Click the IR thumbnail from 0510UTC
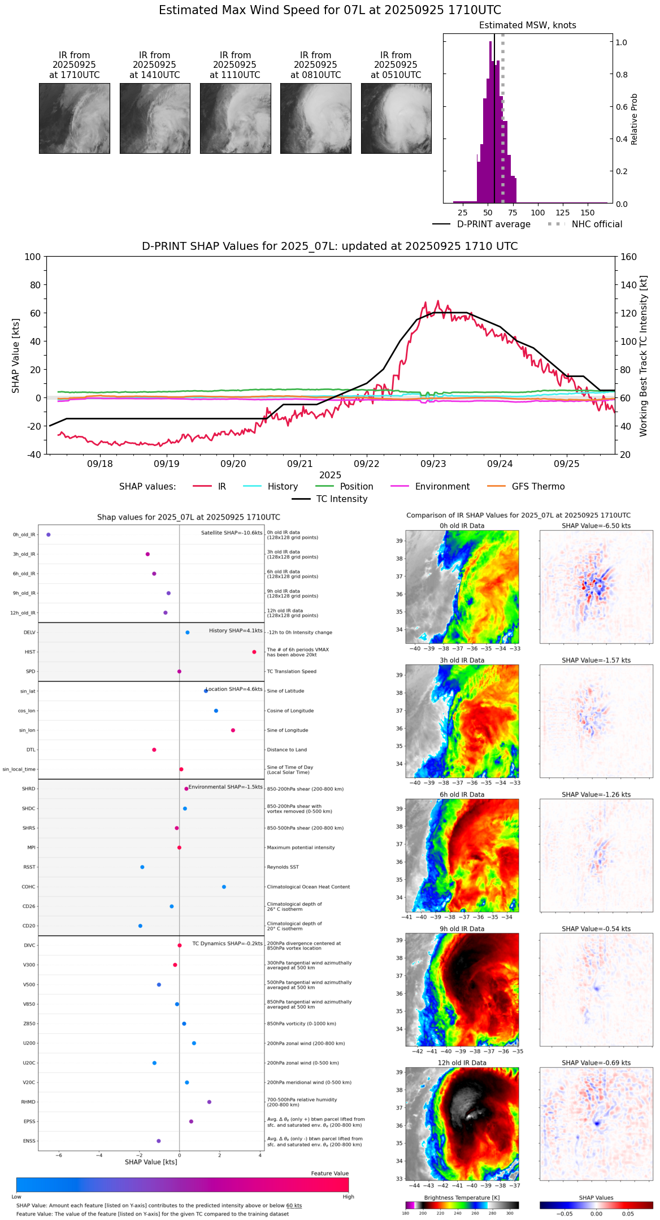click(x=396, y=118)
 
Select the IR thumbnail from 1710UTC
click(x=75, y=118)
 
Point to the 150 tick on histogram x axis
click(x=588, y=213)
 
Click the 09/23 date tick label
click(x=433, y=464)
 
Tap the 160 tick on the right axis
click(x=629, y=257)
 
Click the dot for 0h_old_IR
click(x=49, y=535)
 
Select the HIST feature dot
click(x=254, y=652)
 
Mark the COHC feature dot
click(x=224, y=886)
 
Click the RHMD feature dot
click(x=209, y=1102)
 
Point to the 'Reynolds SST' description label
click(x=283, y=867)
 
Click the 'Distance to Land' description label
click(x=286, y=750)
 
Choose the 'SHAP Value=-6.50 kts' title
click(x=596, y=526)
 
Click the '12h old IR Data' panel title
click(x=462, y=1063)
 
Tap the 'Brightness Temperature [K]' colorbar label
click(x=462, y=1197)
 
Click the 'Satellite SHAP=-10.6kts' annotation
click(x=232, y=533)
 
